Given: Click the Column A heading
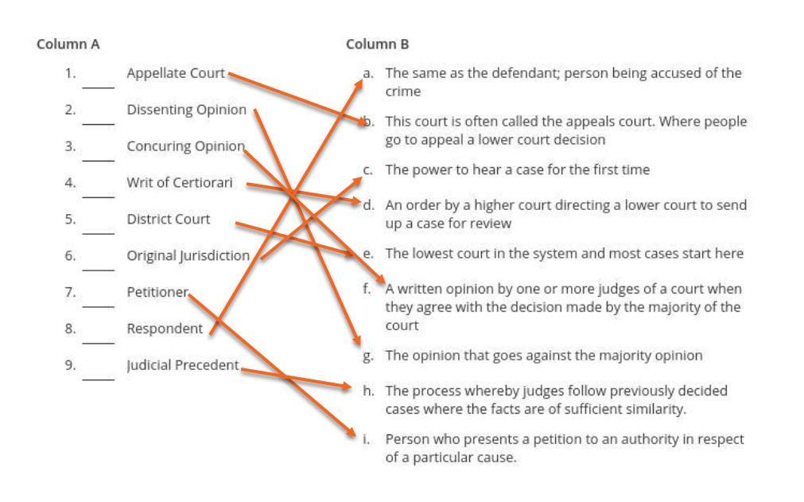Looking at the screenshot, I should pyautogui.click(x=68, y=45).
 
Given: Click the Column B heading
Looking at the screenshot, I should pyautogui.click(x=378, y=45).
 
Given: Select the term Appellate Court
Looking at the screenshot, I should pyautogui.click(x=176, y=73).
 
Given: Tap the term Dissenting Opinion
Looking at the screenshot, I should pyautogui.click(x=187, y=110).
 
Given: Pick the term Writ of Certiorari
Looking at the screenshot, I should pyautogui.click(x=180, y=183).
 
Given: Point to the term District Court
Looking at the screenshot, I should pyautogui.click(x=169, y=219).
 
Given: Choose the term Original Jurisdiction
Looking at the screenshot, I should pyautogui.click(x=188, y=256).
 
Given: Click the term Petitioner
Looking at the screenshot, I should pyautogui.click(x=157, y=292).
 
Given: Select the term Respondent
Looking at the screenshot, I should pyautogui.click(x=165, y=329).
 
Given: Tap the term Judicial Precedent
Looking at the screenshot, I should pyautogui.click(x=183, y=365).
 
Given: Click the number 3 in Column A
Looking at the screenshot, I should pyautogui.click(x=71, y=146).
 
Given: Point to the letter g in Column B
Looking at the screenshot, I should pyautogui.click(x=367, y=356).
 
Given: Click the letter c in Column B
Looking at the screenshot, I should pyautogui.click(x=367, y=170).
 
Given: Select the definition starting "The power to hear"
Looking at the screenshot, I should pyautogui.click(x=517, y=170).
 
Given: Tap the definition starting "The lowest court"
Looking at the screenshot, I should pyautogui.click(x=564, y=254).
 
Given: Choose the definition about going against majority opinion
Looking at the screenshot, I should pyautogui.click(x=543, y=356).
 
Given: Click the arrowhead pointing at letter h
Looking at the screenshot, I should pyautogui.click(x=347, y=387).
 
